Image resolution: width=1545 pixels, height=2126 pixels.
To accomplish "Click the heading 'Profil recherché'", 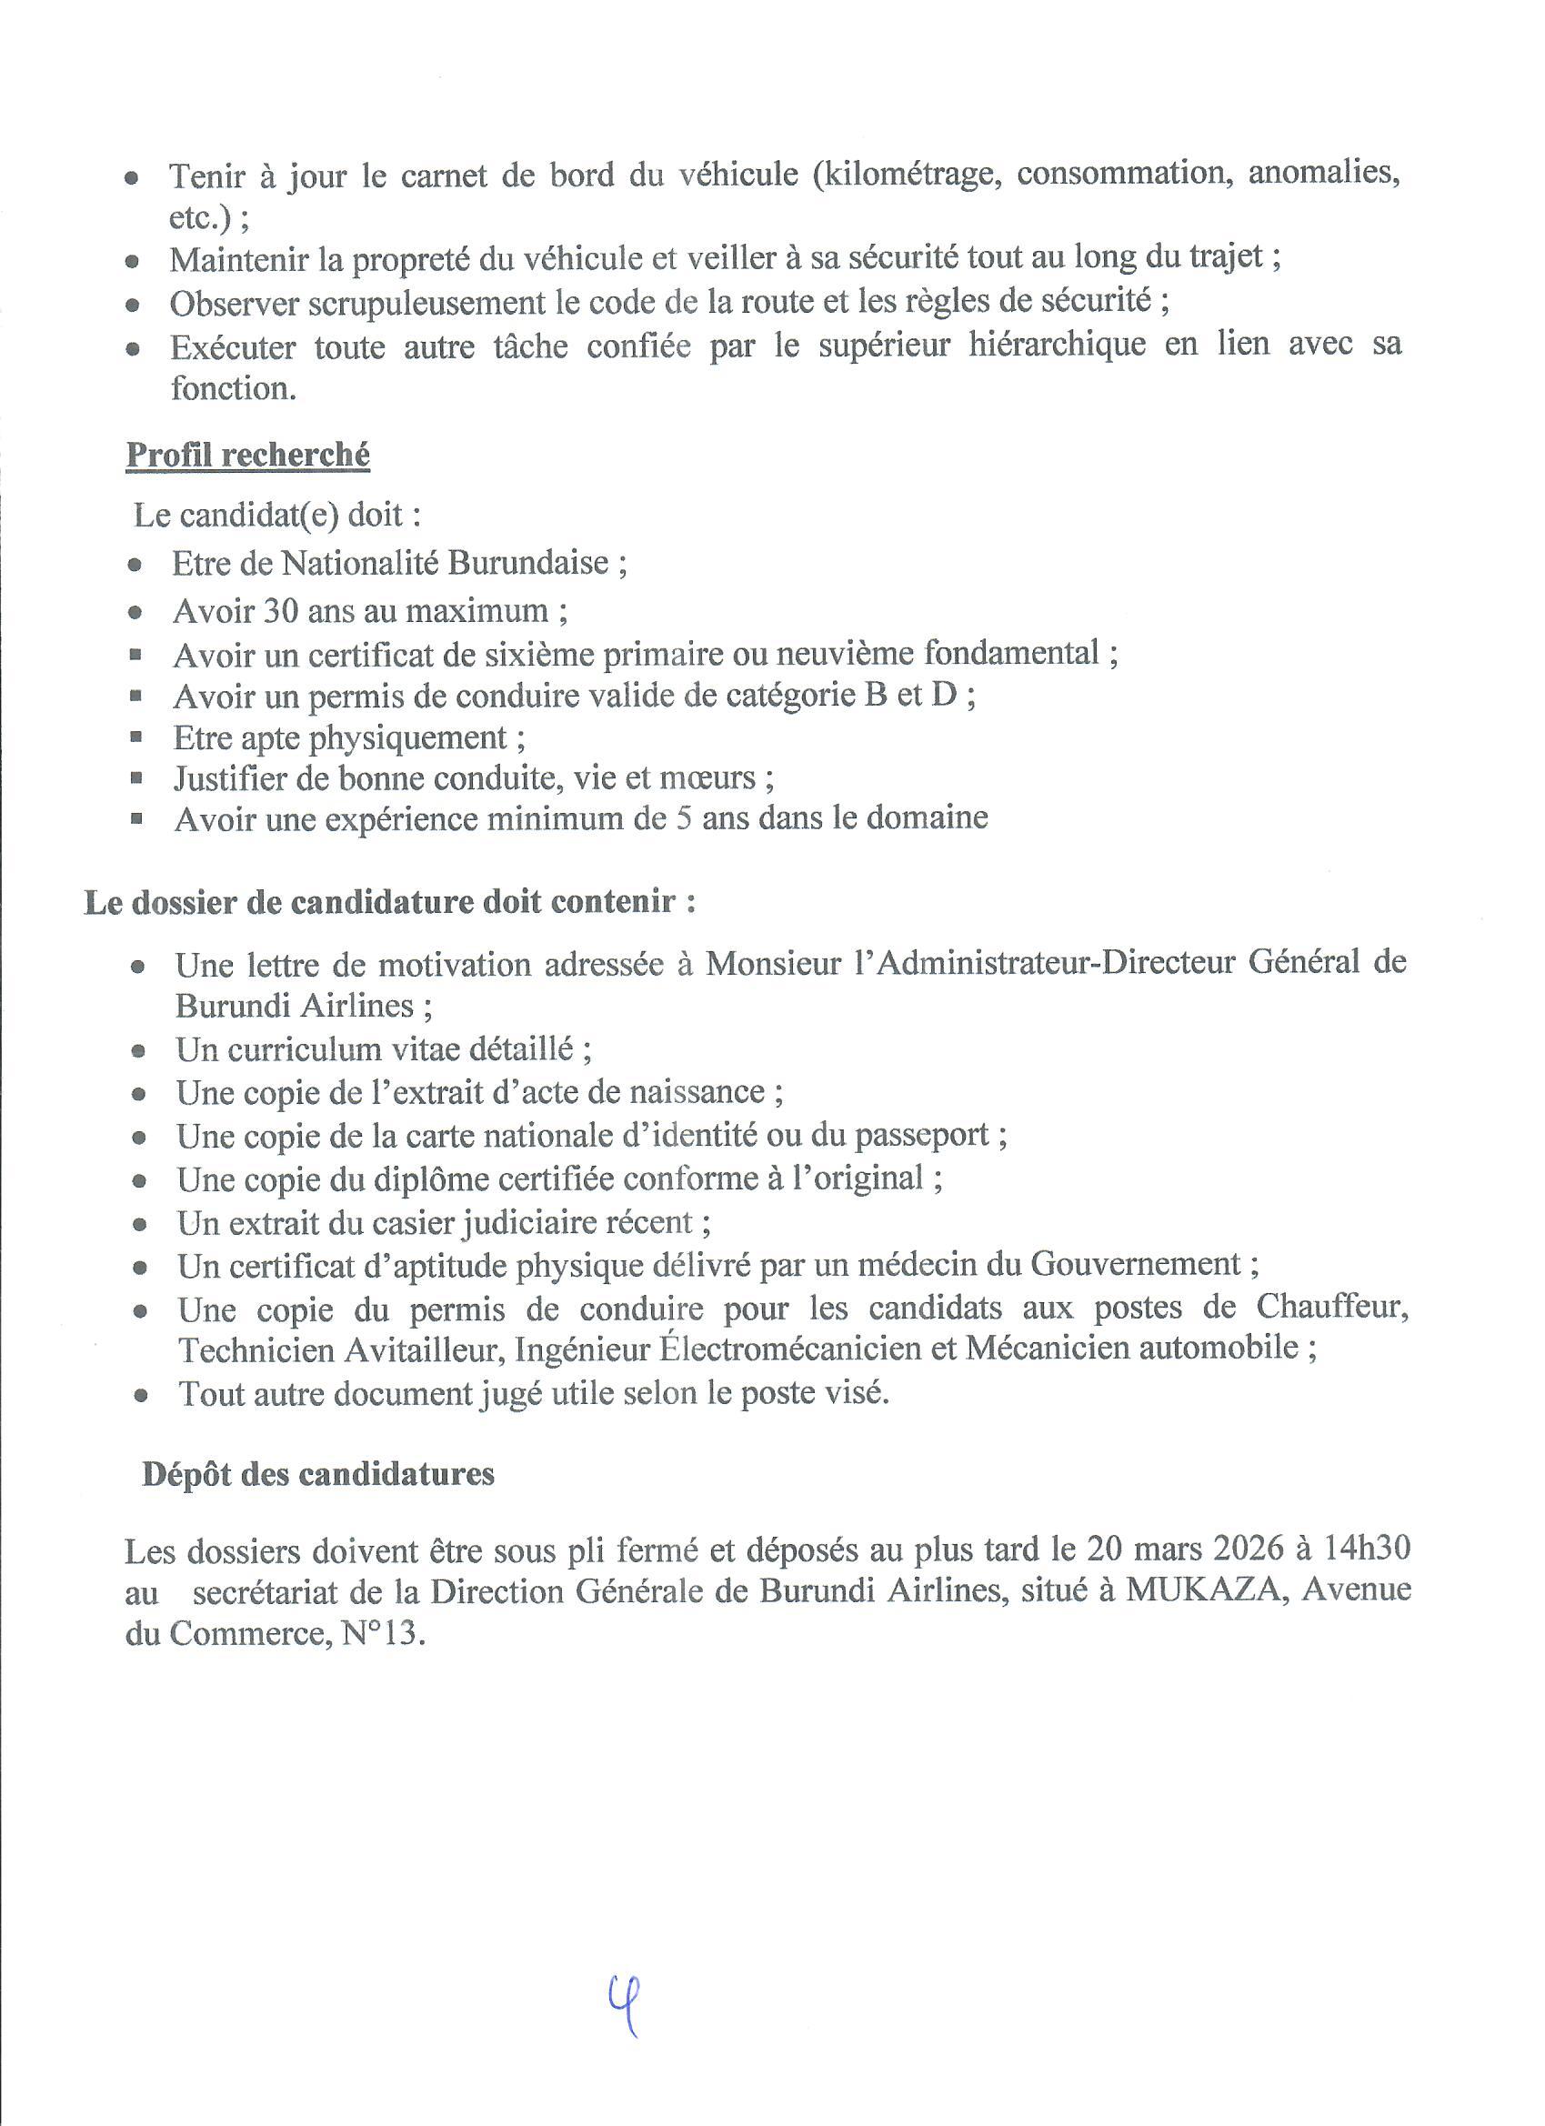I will (247, 456).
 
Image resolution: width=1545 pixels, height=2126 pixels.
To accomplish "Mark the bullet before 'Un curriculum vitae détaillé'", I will (139, 1052).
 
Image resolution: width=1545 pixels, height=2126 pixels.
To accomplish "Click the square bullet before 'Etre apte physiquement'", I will (137, 737).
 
